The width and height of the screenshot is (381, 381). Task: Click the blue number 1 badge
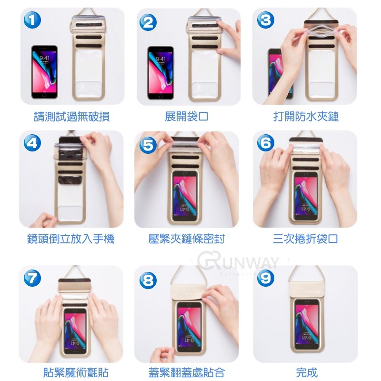point(32,20)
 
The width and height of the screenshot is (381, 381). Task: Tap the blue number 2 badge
point(148,22)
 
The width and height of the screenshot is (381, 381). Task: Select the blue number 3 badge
point(266,20)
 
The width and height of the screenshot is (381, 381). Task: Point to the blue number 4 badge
point(32,142)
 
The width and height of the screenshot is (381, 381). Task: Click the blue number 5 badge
point(148,145)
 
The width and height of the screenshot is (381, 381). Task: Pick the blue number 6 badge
point(266,142)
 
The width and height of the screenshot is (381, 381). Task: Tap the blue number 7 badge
point(32,278)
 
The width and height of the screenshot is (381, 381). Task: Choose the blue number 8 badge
point(148,280)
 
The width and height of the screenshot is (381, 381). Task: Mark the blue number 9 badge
point(266,278)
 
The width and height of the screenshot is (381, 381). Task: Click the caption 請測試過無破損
point(72,116)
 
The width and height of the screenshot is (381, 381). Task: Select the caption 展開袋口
point(186,116)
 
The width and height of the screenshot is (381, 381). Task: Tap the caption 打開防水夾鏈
point(306,116)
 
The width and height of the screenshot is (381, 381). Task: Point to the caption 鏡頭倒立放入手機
point(70,239)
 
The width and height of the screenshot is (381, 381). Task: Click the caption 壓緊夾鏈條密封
point(187,239)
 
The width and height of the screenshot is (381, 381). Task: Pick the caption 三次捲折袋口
point(305,239)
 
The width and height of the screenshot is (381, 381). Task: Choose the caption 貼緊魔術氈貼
point(76,372)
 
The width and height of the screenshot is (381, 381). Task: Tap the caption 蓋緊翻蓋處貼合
point(187,372)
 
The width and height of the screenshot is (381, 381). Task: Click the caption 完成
point(307,372)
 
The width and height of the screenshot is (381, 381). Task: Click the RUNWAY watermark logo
point(238,262)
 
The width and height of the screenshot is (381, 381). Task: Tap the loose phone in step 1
point(44,72)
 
